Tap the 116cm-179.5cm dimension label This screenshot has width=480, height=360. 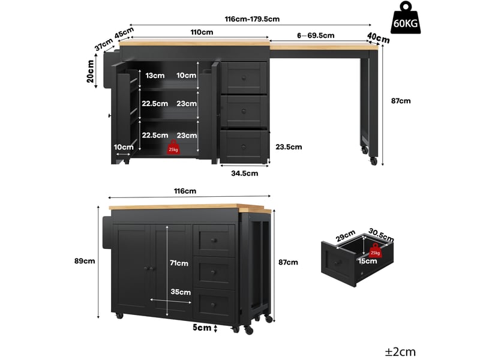tap(252, 19)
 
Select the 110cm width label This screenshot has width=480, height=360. tap(202, 32)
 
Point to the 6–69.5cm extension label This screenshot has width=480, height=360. tap(316, 35)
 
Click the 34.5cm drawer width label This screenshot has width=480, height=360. tap(245, 173)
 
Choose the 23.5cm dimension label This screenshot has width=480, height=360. tap(289, 147)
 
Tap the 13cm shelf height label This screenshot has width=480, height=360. tap(155, 76)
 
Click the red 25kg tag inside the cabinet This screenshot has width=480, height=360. tap(173, 147)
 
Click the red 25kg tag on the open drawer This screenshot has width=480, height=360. tap(375, 250)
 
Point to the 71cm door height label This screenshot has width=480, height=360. tap(179, 263)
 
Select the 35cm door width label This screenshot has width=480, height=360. tap(181, 292)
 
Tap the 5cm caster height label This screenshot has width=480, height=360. tap(202, 328)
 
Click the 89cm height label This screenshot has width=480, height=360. tap(85, 261)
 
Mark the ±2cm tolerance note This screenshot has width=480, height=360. tap(400, 352)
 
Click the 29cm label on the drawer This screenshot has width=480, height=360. tap(346, 236)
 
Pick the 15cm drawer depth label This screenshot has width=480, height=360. tap(367, 261)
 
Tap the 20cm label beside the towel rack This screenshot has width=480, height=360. tap(91, 71)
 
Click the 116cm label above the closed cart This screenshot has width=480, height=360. tap(185, 191)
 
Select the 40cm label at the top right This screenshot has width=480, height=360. tap(379, 38)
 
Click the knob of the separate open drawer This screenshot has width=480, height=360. tap(338, 263)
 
